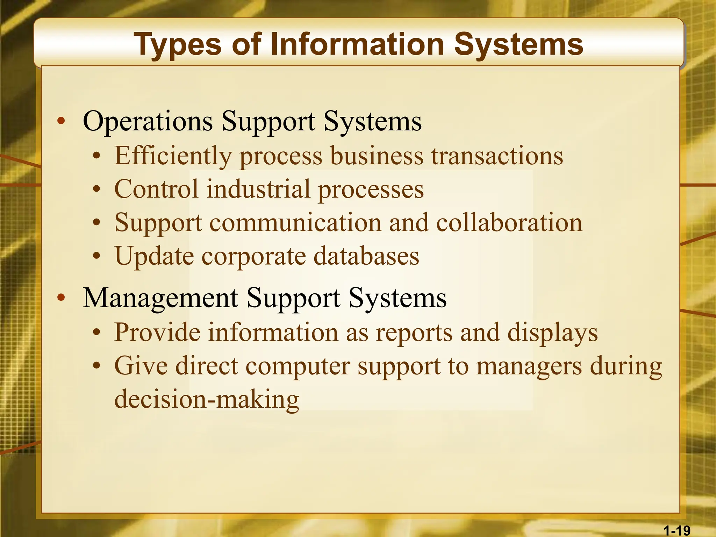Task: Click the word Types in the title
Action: point(178,45)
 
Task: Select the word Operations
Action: point(148,121)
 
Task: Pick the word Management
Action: point(160,298)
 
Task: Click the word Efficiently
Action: point(173,156)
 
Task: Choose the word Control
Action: point(156,189)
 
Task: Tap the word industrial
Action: point(258,189)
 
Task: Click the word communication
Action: point(295,223)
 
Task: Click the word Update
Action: point(154,257)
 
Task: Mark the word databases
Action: point(366,256)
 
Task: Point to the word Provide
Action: point(157,332)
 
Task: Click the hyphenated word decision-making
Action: point(207,399)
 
